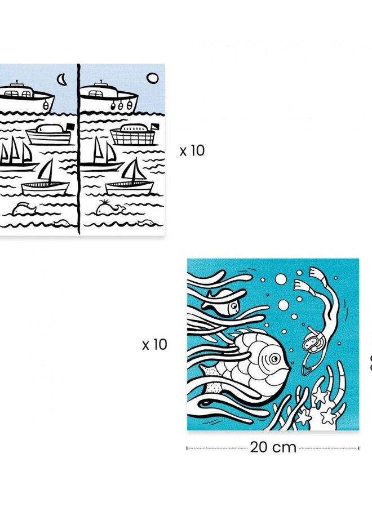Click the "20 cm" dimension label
pos(273,448)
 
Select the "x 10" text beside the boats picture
pos(192,151)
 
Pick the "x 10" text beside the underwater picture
pos(154,345)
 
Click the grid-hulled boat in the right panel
pos(132,135)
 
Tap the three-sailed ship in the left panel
pos(17,153)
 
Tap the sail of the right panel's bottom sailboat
pos(132,170)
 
